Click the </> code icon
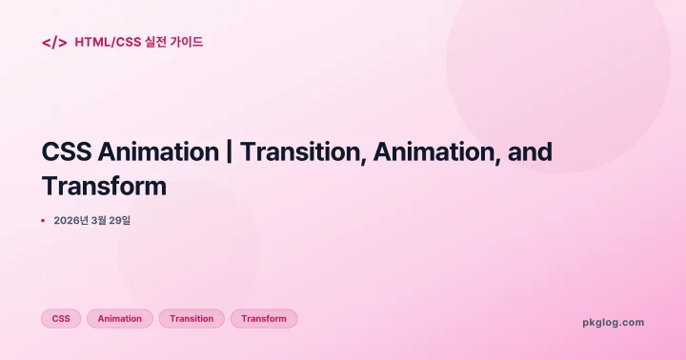point(54,42)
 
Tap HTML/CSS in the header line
point(107,42)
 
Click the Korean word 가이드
point(187,42)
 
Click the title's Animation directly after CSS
point(157,152)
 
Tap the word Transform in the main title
point(105,186)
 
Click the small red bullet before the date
point(43,221)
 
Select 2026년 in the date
point(71,221)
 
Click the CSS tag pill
point(61,319)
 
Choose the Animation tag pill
point(120,319)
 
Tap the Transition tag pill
point(192,319)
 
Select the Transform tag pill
point(264,319)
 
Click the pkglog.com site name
point(613,322)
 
